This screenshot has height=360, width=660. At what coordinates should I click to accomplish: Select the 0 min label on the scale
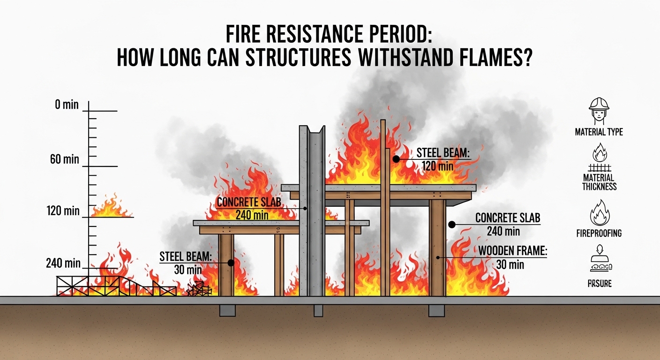[67, 105]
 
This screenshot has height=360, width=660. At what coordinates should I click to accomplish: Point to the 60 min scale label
[65, 159]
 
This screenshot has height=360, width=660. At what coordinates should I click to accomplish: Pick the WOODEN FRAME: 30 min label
[512, 257]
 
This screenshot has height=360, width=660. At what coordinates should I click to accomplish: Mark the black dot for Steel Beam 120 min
[396, 159]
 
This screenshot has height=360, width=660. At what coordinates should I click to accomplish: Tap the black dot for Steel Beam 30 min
[231, 263]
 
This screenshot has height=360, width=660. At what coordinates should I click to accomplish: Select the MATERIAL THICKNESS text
[599, 182]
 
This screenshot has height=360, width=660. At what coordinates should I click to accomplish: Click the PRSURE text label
[599, 284]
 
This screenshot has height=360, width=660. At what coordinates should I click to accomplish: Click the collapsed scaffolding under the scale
[117, 285]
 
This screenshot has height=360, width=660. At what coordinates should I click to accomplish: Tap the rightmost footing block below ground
[436, 310]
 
